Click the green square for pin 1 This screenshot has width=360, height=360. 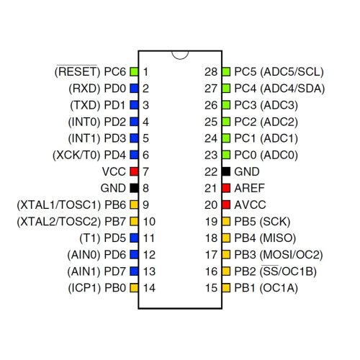[x=134, y=72]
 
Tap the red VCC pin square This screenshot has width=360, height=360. [x=134, y=171]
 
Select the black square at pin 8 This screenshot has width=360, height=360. [x=134, y=188]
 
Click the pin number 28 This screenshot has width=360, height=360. [x=211, y=72]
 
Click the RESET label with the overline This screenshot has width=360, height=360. [x=77, y=71]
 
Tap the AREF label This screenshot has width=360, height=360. [x=249, y=188]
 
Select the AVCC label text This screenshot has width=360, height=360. [x=250, y=204]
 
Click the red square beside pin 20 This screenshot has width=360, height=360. [x=226, y=204]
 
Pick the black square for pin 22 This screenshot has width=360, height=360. [x=226, y=171]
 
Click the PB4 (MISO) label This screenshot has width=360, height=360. [x=265, y=238]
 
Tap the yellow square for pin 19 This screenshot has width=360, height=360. [x=226, y=221]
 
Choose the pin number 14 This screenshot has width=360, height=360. [x=149, y=288]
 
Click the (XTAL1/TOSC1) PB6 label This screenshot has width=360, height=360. [x=71, y=205]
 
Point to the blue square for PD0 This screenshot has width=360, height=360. [x=134, y=89]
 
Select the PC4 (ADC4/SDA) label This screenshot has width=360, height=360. [x=279, y=89]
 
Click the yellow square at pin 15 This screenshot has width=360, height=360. [x=226, y=288]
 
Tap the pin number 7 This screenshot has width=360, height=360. [x=145, y=171]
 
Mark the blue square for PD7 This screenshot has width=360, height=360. [x=134, y=271]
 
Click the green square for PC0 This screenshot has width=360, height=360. [x=226, y=155]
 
